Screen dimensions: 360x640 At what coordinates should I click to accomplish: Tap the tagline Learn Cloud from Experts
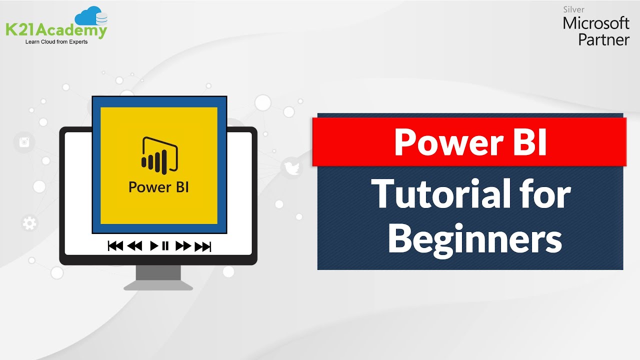(56, 42)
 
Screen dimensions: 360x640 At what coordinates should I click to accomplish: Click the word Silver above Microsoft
(573, 9)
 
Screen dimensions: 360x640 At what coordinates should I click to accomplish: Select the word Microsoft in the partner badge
(596, 23)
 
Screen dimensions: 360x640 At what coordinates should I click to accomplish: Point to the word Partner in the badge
(603, 39)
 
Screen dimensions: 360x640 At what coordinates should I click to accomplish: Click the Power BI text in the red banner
(470, 142)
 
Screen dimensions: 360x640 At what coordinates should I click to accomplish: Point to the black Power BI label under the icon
(158, 187)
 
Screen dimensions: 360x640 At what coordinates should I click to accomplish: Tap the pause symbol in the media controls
(165, 246)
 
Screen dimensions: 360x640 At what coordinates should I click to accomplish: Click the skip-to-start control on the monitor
(115, 246)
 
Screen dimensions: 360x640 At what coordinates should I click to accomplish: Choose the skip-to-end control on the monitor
(203, 246)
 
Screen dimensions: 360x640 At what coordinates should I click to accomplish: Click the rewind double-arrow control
(135, 246)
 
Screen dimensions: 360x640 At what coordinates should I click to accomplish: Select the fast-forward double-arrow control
(183, 246)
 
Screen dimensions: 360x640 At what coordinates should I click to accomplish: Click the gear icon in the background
(29, 223)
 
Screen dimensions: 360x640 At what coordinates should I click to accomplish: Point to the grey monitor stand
(158, 277)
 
